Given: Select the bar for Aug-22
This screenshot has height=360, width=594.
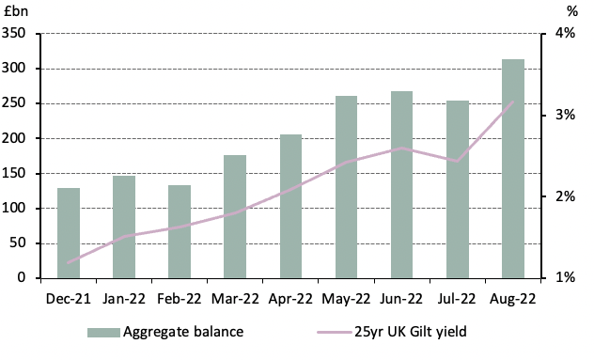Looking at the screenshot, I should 513,169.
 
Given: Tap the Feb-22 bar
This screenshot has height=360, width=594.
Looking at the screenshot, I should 180,231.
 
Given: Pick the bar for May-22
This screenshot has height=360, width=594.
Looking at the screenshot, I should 346,187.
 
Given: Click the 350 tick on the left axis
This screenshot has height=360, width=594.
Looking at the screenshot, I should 19,34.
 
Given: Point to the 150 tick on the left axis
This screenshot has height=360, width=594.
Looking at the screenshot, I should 19,174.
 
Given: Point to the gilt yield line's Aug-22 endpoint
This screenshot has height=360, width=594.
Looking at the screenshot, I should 513,102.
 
